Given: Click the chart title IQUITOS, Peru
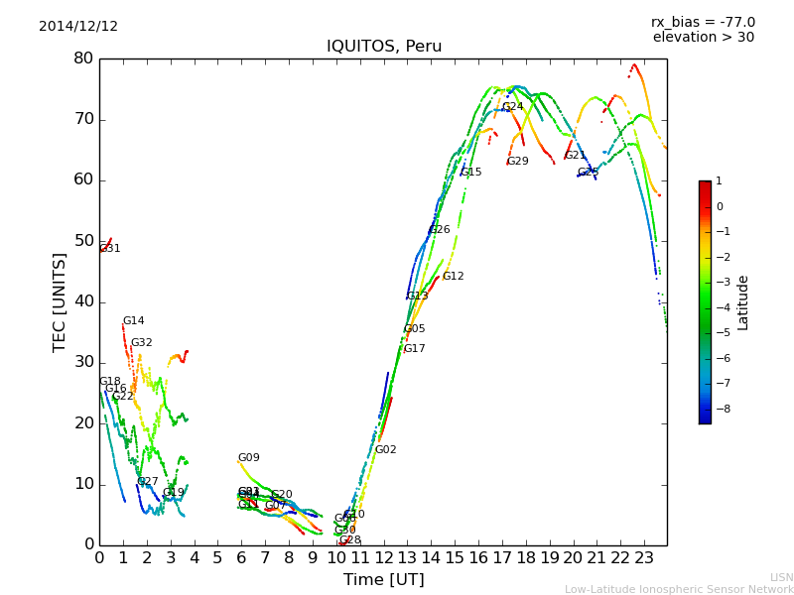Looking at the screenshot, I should [x=384, y=47].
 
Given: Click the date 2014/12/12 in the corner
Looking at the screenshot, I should [x=78, y=26].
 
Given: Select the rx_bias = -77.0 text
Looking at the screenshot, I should [x=703, y=22].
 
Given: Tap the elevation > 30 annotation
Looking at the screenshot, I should [x=703, y=38].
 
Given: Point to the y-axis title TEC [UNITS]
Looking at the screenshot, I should [x=60, y=301].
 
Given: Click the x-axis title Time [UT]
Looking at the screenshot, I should [x=383, y=579].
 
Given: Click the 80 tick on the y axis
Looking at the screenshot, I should [x=82, y=59].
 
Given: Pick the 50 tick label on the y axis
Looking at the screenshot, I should [x=82, y=241].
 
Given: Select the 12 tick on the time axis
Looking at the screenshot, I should [x=383, y=557].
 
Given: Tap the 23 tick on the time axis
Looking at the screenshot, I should [x=643, y=557].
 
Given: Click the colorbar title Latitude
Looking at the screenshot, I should [x=742, y=302].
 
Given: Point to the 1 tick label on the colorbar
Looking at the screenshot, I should [x=719, y=181].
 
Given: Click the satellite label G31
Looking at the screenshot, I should [x=110, y=249].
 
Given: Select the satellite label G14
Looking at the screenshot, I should [x=134, y=321].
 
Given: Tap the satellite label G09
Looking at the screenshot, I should [x=248, y=458].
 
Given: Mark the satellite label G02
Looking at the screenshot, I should [x=385, y=450].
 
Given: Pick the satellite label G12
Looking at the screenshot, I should [x=453, y=277].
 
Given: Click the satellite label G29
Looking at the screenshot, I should [x=517, y=162].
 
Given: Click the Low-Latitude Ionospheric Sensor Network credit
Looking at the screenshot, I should [x=679, y=589].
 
